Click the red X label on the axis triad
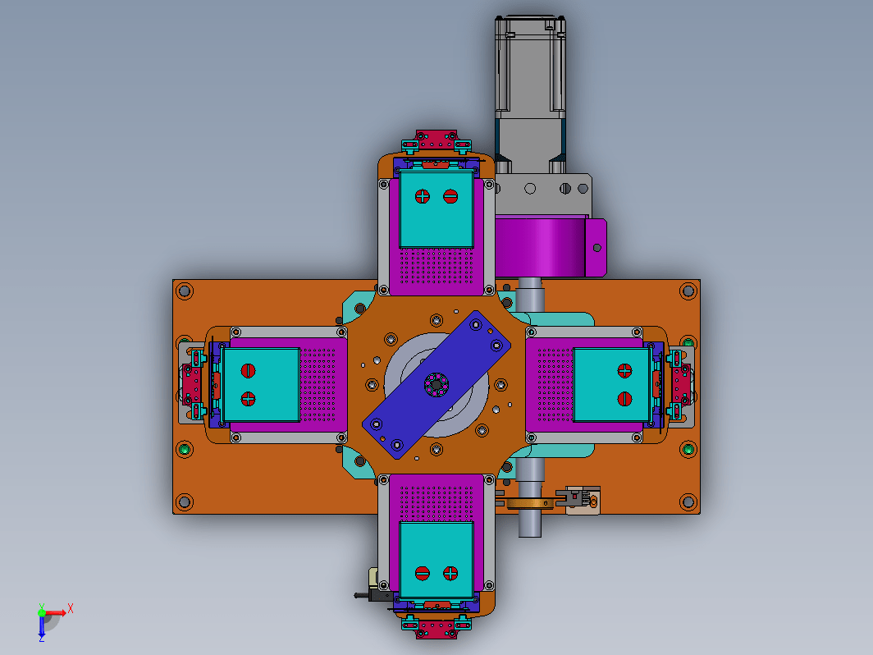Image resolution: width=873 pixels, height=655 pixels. pyautogui.click(x=71, y=607)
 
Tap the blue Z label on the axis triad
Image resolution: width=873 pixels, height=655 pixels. pyautogui.click(x=41, y=639)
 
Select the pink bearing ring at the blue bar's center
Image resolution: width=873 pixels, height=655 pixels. pyautogui.click(x=436, y=384)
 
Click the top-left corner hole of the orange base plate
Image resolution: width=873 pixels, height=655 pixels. pyautogui.click(x=185, y=291)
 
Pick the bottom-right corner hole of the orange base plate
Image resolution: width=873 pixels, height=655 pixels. pyautogui.click(x=688, y=502)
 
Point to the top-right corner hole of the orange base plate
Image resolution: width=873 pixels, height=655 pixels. pyautogui.click(x=688, y=291)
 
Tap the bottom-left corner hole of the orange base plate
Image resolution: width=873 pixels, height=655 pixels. pyautogui.click(x=185, y=502)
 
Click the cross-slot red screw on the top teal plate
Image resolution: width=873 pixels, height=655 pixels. pyautogui.click(x=423, y=196)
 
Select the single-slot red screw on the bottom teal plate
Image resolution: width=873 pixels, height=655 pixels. pyautogui.click(x=423, y=573)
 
